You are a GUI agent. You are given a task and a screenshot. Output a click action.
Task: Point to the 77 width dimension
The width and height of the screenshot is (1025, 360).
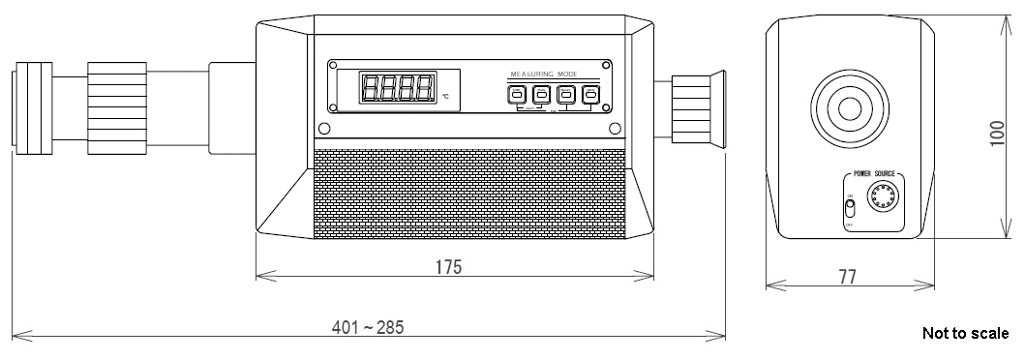click(848, 277)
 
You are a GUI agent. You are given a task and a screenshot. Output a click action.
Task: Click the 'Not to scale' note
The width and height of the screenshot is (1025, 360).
click(965, 334)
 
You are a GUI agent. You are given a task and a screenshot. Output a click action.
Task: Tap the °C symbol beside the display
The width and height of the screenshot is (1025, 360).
click(446, 97)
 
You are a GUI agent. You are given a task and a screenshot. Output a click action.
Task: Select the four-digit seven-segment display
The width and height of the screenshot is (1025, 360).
click(397, 89)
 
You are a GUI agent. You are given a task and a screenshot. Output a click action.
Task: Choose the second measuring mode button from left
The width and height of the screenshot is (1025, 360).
click(541, 95)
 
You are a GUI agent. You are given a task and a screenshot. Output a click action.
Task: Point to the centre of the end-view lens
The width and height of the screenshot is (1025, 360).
click(851, 105)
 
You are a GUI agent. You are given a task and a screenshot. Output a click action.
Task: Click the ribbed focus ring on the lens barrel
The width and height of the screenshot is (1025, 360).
click(115, 106)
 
